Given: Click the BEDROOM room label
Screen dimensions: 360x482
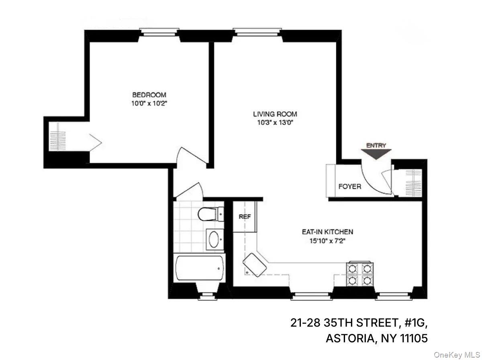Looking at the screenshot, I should (149, 95).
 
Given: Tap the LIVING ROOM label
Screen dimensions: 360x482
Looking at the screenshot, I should (275, 114).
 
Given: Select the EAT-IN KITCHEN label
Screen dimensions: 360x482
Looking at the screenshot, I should (327, 232).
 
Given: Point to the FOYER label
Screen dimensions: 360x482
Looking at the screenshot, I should (349, 186).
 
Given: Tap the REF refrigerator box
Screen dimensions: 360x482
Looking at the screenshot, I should (245, 217).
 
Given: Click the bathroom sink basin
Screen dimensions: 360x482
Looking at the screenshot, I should (214, 240).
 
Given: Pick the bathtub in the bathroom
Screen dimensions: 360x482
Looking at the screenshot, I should (199, 268).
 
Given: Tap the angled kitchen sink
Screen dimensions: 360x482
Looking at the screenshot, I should (255, 264).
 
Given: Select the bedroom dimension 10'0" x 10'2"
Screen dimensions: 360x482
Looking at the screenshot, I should (149, 103).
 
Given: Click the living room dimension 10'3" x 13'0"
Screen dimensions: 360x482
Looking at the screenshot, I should (275, 123).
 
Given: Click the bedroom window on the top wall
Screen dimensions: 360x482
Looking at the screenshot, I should (159, 31).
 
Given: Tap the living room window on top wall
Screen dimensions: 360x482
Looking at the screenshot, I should (258, 31).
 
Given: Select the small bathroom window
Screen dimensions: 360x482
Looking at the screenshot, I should (207, 296).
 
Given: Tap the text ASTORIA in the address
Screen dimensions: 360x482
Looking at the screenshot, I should (348, 338).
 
